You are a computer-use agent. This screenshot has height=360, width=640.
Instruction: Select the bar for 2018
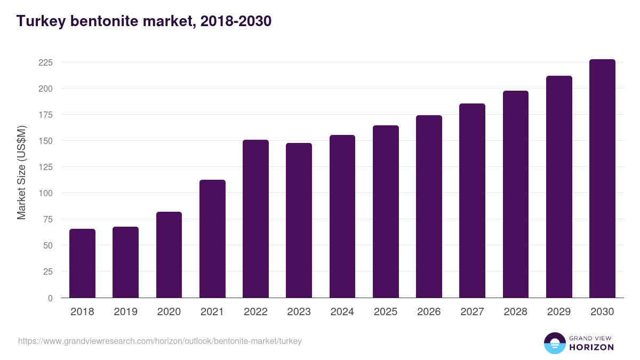[x=82, y=263]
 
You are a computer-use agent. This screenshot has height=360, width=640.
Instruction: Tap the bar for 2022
[x=255, y=219]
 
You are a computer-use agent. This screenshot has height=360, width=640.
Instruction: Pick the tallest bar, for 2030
[x=602, y=179]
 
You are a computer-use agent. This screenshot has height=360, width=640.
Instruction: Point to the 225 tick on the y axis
[x=45, y=62]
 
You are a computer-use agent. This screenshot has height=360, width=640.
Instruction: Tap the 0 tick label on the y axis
[x=50, y=298]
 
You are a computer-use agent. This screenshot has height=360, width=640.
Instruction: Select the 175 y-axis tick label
[x=45, y=115]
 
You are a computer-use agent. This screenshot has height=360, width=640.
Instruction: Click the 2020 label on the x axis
[x=169, y=312]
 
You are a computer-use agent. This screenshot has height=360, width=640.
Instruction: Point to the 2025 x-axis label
[x=385, y=312]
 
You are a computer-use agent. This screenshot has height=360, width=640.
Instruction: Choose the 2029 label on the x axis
[x=559, y=312]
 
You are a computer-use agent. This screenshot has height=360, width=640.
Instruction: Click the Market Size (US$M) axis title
[x=21, y=172]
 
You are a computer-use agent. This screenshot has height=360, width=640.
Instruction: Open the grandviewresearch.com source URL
[x=160, y=341]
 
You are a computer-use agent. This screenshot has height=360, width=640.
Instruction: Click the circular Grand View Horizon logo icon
[x=554, y=343]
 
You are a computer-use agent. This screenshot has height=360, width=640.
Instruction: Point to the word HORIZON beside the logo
[x=591, y=347]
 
